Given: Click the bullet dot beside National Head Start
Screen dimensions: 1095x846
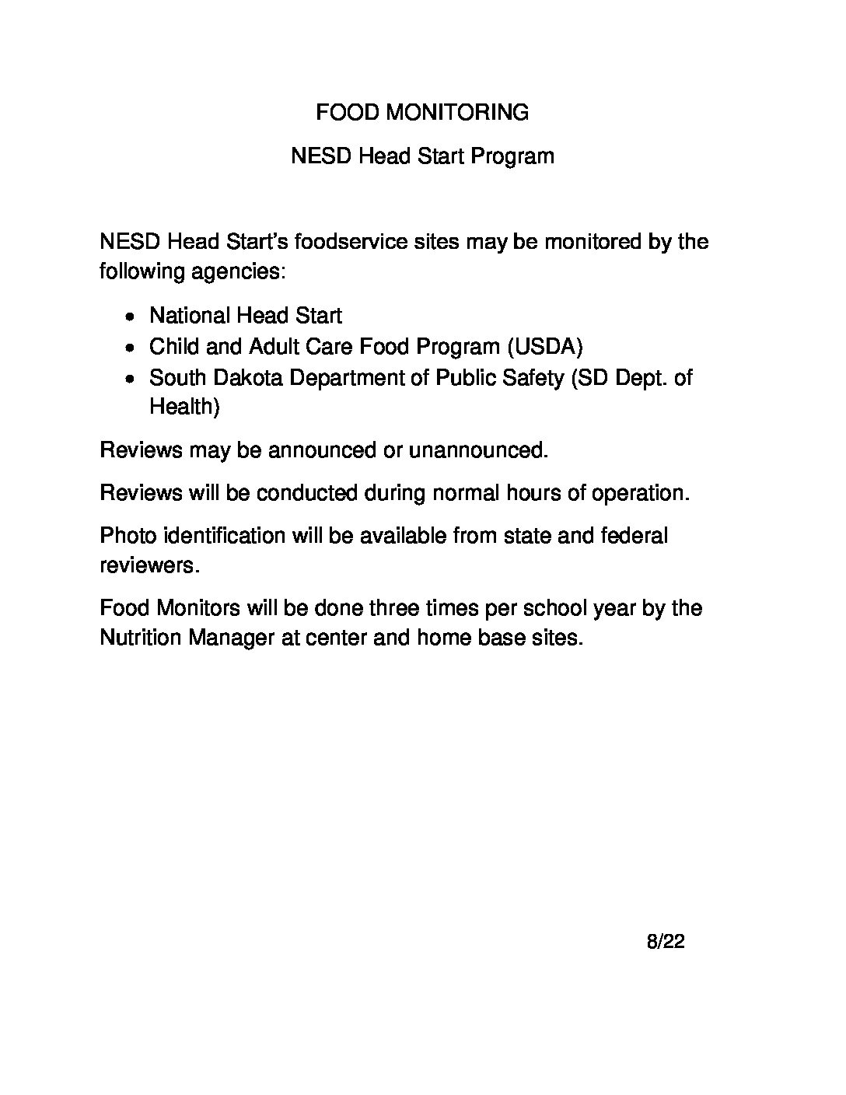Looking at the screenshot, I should click(x=133, y=317).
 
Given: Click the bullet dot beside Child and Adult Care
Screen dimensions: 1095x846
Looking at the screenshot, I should click(x=133, y=348).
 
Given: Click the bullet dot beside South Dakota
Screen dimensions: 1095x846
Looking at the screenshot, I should click(x=133, y=379).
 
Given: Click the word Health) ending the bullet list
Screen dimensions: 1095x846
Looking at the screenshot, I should click(x=184, y=407).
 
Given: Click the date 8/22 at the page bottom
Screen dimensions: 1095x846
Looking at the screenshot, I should click(x=666, y=943).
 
